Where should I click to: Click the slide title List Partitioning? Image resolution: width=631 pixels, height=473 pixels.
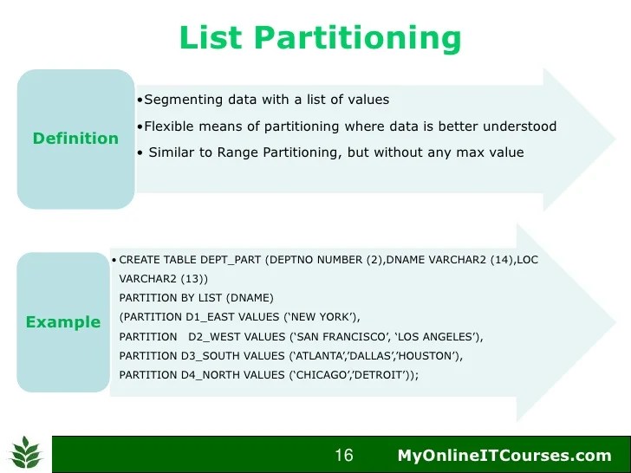point(319,37)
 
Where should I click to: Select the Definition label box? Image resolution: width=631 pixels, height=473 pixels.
point(75,139)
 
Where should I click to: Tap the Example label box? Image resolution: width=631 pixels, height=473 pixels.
point(62,322)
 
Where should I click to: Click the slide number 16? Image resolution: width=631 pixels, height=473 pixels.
point(343,456)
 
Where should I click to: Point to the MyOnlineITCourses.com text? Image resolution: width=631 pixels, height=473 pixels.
point(504,456)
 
